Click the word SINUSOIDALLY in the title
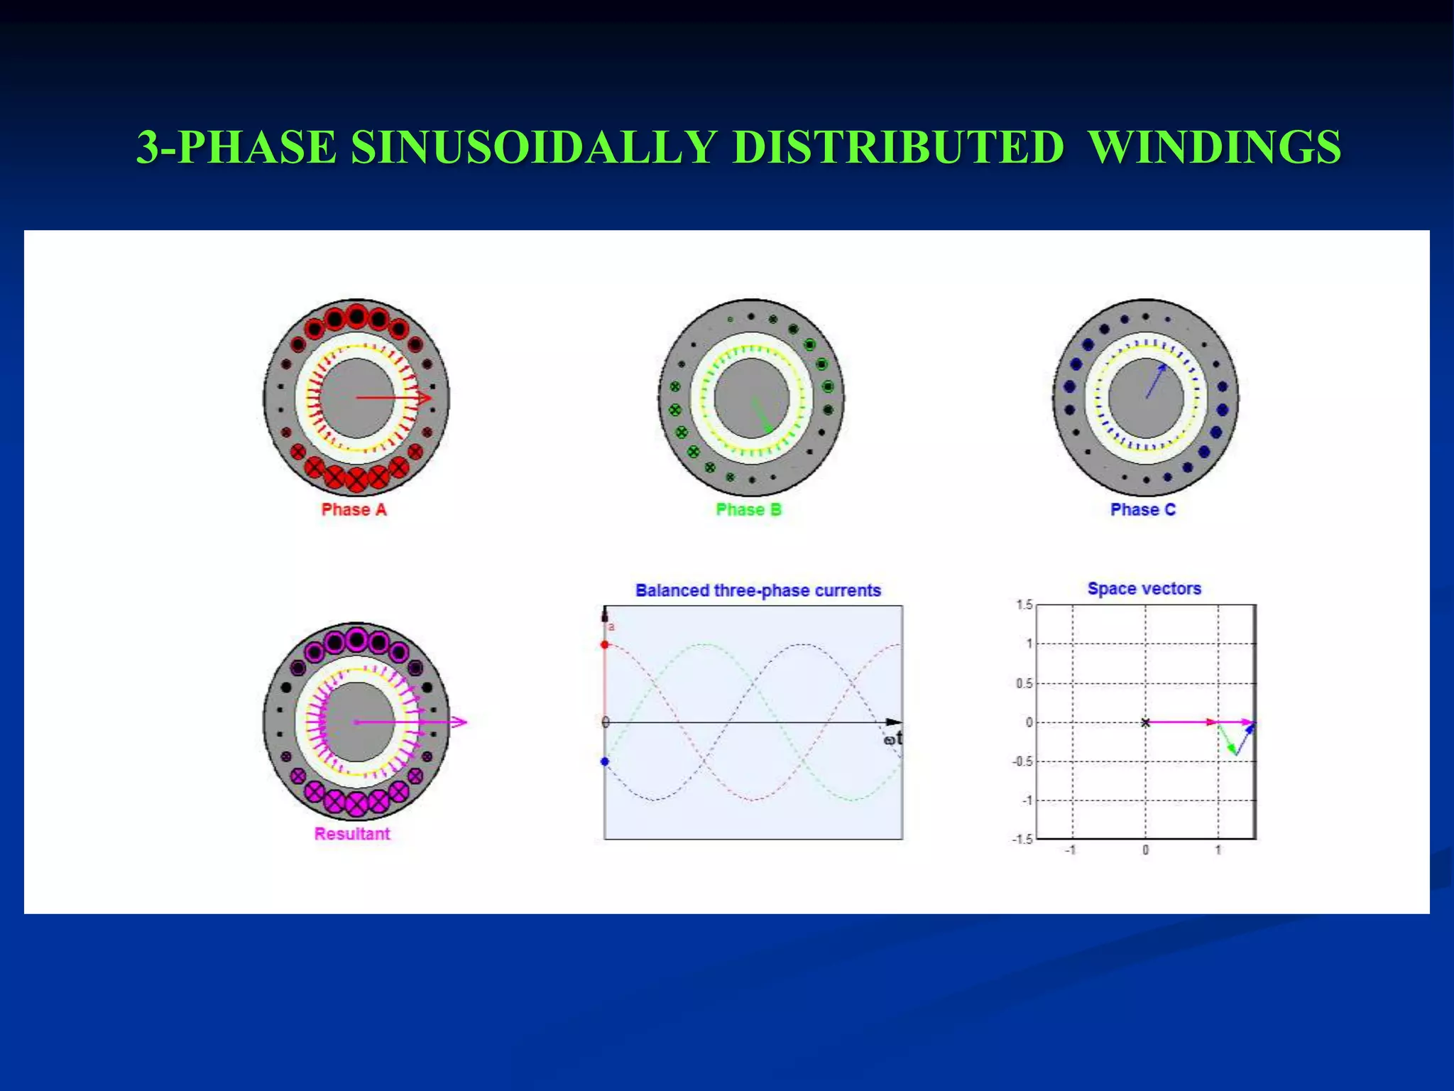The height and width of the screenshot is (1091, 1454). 532,148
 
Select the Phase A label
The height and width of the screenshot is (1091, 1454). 354,510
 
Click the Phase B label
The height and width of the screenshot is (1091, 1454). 748,510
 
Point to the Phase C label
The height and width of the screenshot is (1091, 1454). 1143,510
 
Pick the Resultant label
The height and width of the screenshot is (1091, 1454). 352,834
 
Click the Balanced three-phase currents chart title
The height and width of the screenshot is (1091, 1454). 758,590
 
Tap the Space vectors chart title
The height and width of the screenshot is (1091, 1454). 1144,589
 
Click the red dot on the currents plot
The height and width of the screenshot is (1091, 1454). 605,645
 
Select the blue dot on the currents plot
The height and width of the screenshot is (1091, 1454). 605,761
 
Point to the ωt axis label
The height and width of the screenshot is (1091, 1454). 893,739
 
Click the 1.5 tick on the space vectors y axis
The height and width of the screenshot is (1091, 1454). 1024,605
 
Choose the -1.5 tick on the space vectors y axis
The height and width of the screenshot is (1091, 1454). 1022,840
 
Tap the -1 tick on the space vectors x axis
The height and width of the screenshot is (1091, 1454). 1071,850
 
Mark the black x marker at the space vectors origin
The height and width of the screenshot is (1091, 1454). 1145,722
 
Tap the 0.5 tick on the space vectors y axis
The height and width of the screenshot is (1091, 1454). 1023,683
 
